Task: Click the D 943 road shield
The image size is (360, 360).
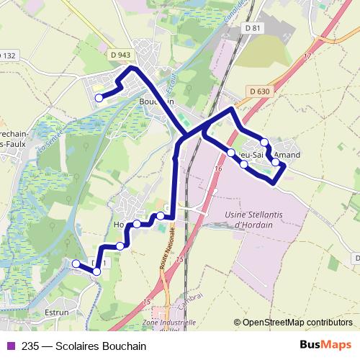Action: click(121, 55)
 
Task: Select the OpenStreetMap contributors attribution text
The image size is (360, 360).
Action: click(297, 323)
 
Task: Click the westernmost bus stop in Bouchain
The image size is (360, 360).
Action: click(99, 98)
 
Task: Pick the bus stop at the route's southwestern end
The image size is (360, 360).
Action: click(76, 264)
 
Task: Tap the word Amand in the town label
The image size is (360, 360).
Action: click(287, 154)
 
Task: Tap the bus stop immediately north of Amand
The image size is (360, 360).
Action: click(265, 142)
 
